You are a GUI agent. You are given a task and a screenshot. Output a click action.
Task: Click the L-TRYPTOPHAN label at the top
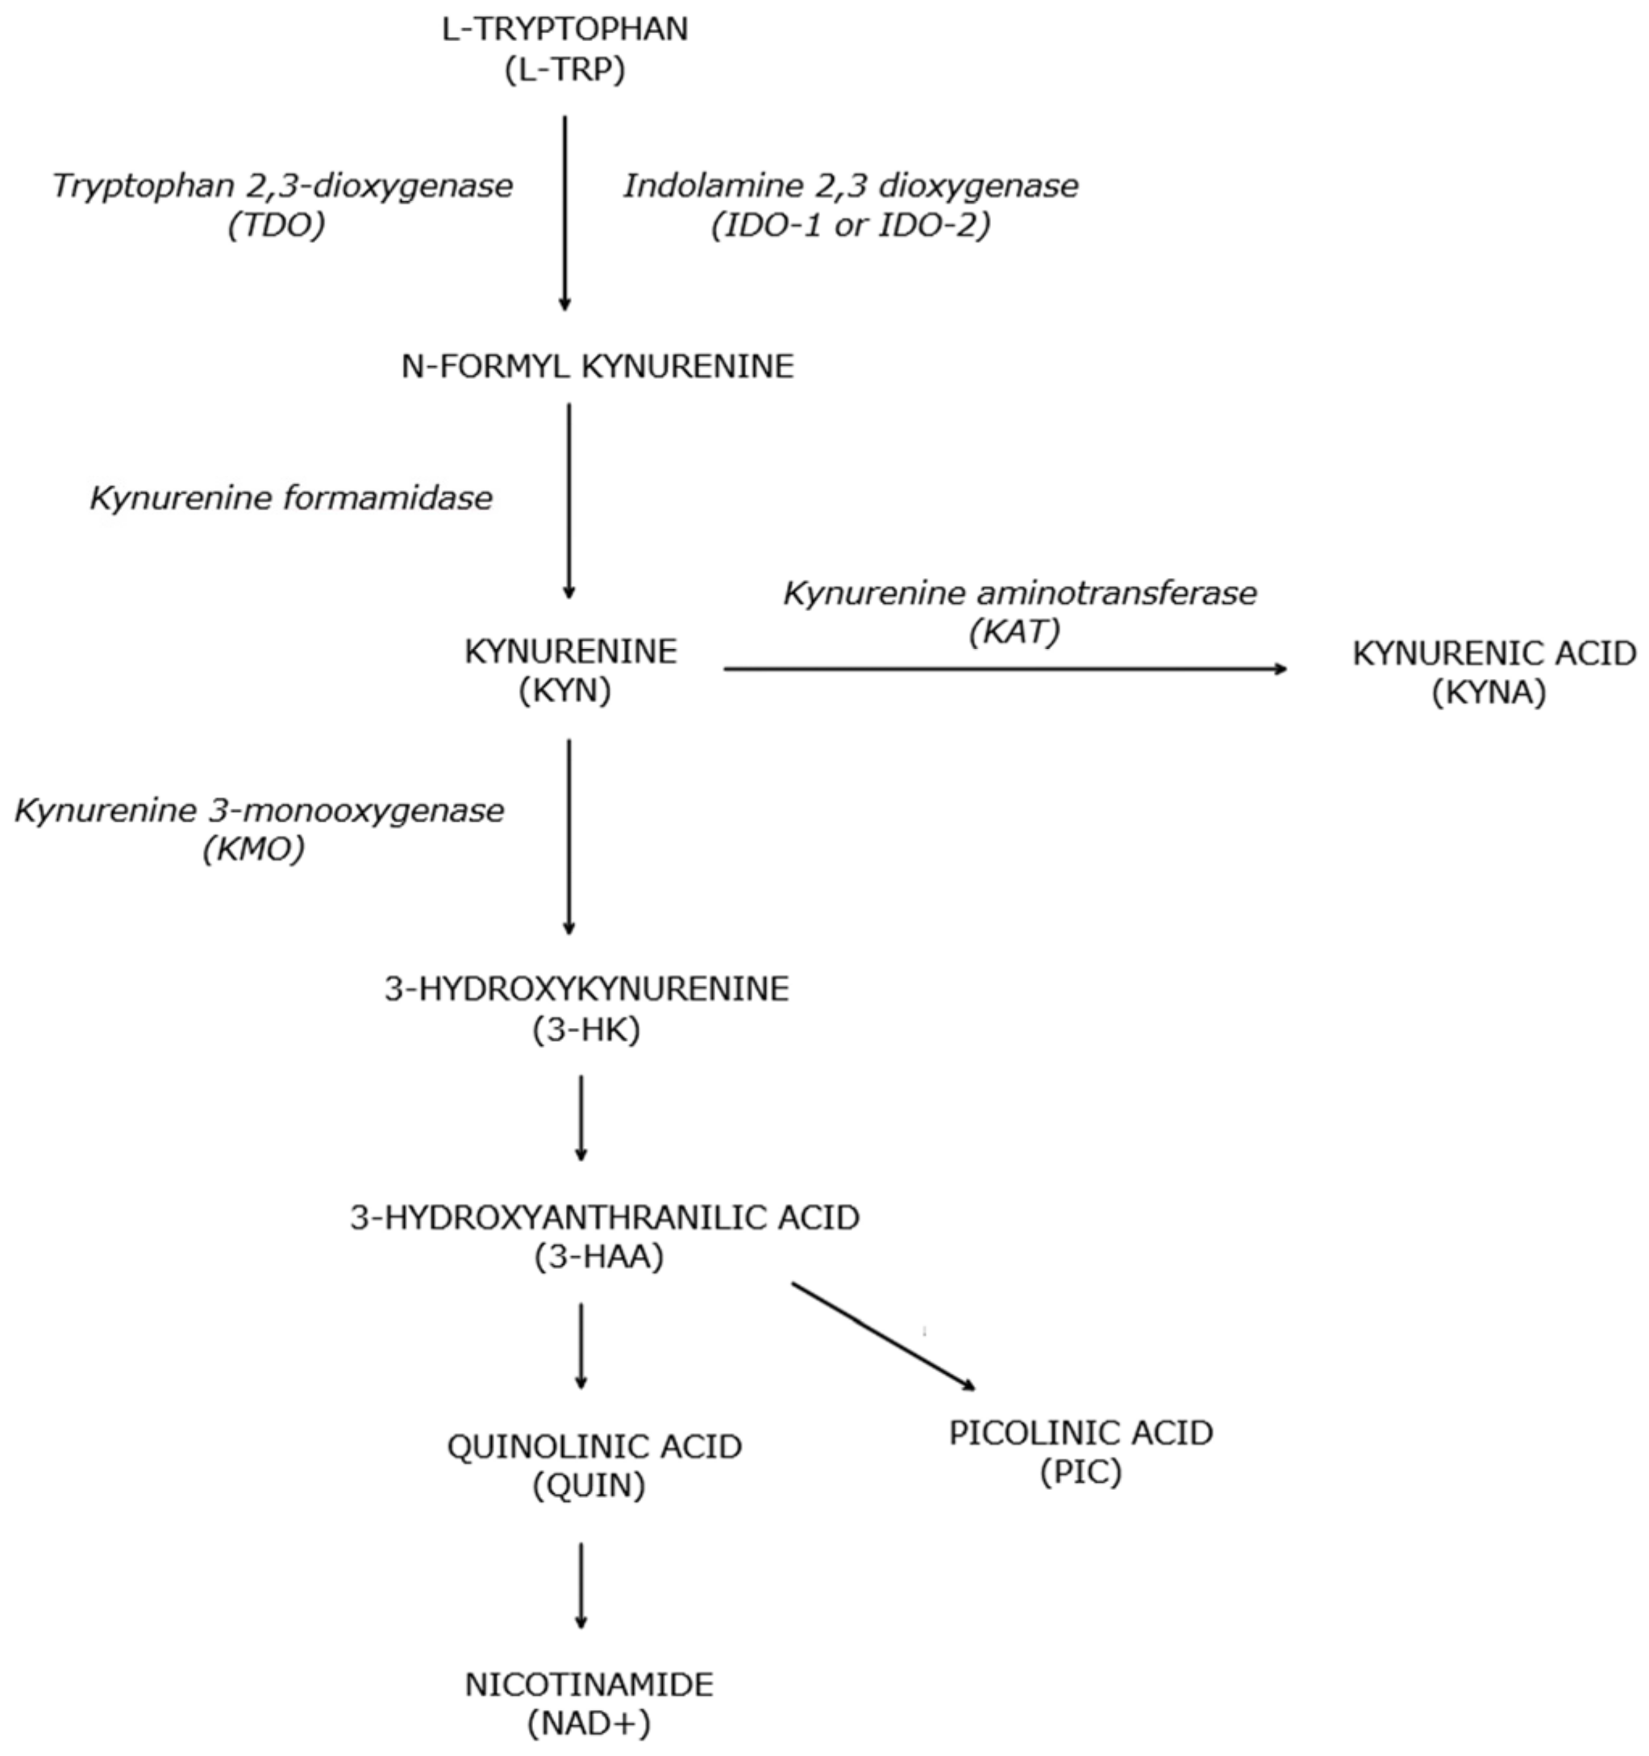(564, 29)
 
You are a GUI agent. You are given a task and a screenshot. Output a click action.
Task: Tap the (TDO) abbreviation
(277, 225)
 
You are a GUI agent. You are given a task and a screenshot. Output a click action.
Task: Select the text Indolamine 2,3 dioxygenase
(851, 185)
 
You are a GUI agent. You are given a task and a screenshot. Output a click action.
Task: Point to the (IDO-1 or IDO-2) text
(851, 225)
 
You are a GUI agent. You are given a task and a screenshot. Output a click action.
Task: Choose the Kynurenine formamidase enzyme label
(290, 498)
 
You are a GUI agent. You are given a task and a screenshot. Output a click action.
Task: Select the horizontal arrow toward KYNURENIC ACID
(1005, 669)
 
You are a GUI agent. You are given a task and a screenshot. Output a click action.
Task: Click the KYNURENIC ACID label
(1493, 654)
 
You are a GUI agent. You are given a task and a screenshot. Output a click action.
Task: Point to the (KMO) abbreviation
(253, 850)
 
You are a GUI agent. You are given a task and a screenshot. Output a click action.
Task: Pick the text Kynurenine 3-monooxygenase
(259, 810)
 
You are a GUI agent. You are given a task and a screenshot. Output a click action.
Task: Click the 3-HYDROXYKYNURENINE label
(586, 989)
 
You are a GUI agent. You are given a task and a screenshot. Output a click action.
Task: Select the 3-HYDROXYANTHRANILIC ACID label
(604, 1218)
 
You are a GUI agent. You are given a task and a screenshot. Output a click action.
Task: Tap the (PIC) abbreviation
(1081, 1471)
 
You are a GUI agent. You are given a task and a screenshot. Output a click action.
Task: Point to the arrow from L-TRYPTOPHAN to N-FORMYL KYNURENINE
(565, 212)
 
